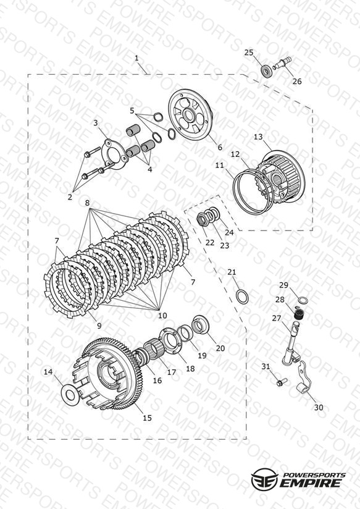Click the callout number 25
tap(249, 53)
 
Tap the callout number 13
tap(258, 137)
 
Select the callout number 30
tap(319, 407)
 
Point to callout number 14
tap(48, 372)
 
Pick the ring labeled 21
tap(242, 297)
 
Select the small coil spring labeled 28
tap(298, 314)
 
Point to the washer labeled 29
tap(303, 300)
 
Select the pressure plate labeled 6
tap(191, 116)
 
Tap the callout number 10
tap(162, 315)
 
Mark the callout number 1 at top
tap(136, 58)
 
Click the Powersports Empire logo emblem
tap(264, 479)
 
